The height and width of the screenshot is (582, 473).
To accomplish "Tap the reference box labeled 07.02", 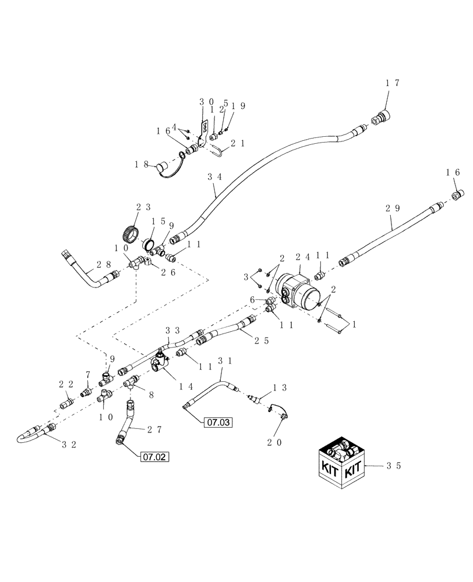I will pos(154,457).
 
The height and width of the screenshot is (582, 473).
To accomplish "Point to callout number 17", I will pos(392,83).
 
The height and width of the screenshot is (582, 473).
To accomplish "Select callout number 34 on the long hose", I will pos(214,175).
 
